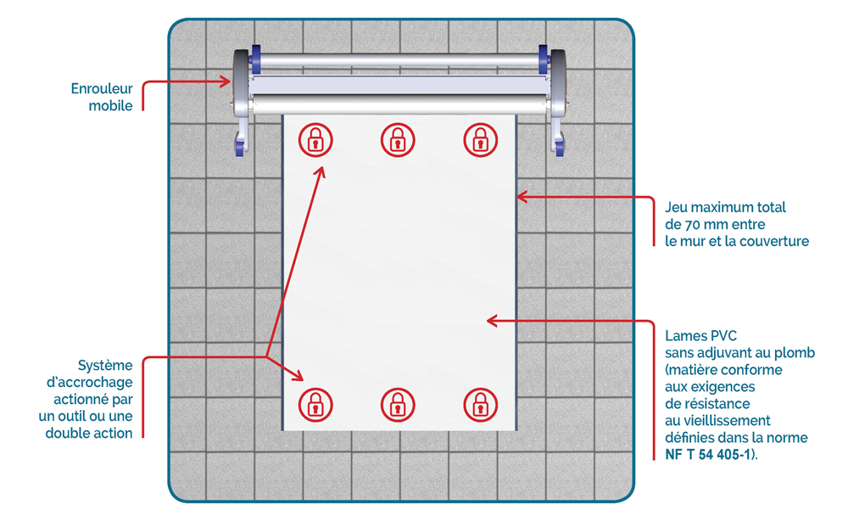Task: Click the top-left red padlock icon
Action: pos(315,140)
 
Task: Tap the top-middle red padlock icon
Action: pos(398,140)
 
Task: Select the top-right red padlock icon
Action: pos(481,140)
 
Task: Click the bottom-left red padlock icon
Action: pos(315,405)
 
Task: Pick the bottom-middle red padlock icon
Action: pos(398,405)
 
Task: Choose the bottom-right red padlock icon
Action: pos(481,405)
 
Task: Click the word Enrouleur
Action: pos(102,89)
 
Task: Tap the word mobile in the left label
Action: pos(110,106)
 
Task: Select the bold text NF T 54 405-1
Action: pos(708,455)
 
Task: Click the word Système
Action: pos(105,366)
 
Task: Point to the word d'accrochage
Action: pos(89,383)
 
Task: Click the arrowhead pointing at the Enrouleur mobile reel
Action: pos(225,82)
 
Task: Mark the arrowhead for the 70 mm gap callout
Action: pos(522,197)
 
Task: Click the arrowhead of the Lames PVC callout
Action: pos(493,321)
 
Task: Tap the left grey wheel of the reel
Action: pos(241,83)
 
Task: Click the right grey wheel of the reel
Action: pos(558,83)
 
